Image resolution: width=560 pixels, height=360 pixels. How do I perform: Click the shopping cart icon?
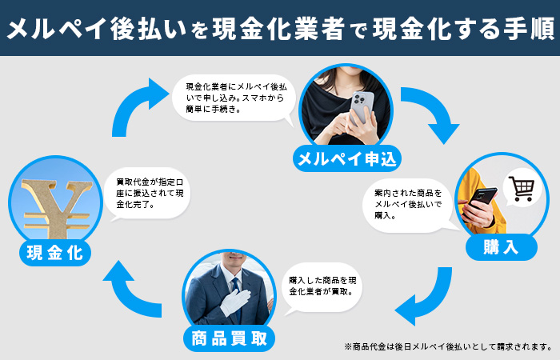click(x=521, y=190)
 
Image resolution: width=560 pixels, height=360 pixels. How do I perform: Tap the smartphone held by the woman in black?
click(x=362, y=106)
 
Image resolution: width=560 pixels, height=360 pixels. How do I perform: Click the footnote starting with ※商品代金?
click(x=448, y=346)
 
